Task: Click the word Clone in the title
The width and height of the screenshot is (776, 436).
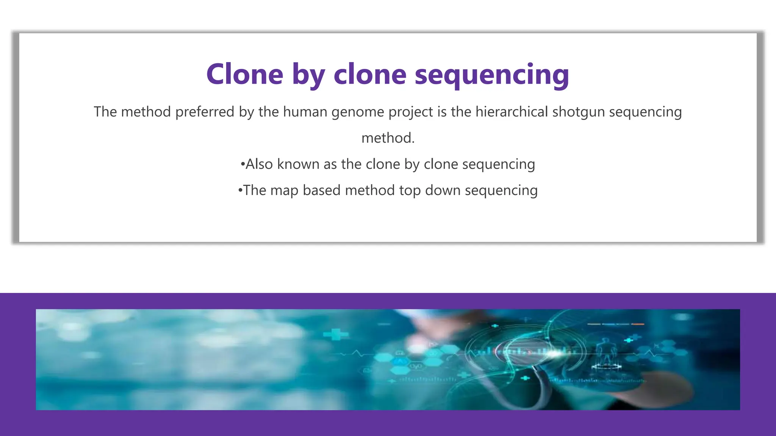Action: (x=245, y=74)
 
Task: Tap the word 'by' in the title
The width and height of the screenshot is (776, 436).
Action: (x=308, y=75)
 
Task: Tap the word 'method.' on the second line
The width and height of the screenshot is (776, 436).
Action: (x=388, y=138)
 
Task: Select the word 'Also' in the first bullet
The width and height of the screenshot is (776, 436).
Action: (x=259, y=164)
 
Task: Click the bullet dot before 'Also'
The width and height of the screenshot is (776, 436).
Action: (x=242, y=165)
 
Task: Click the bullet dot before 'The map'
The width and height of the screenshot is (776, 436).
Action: (x=240, y=190)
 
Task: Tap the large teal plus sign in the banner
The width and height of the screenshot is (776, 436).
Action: (x=336, y=335)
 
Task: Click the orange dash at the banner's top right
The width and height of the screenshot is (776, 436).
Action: (x=638, y=324)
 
